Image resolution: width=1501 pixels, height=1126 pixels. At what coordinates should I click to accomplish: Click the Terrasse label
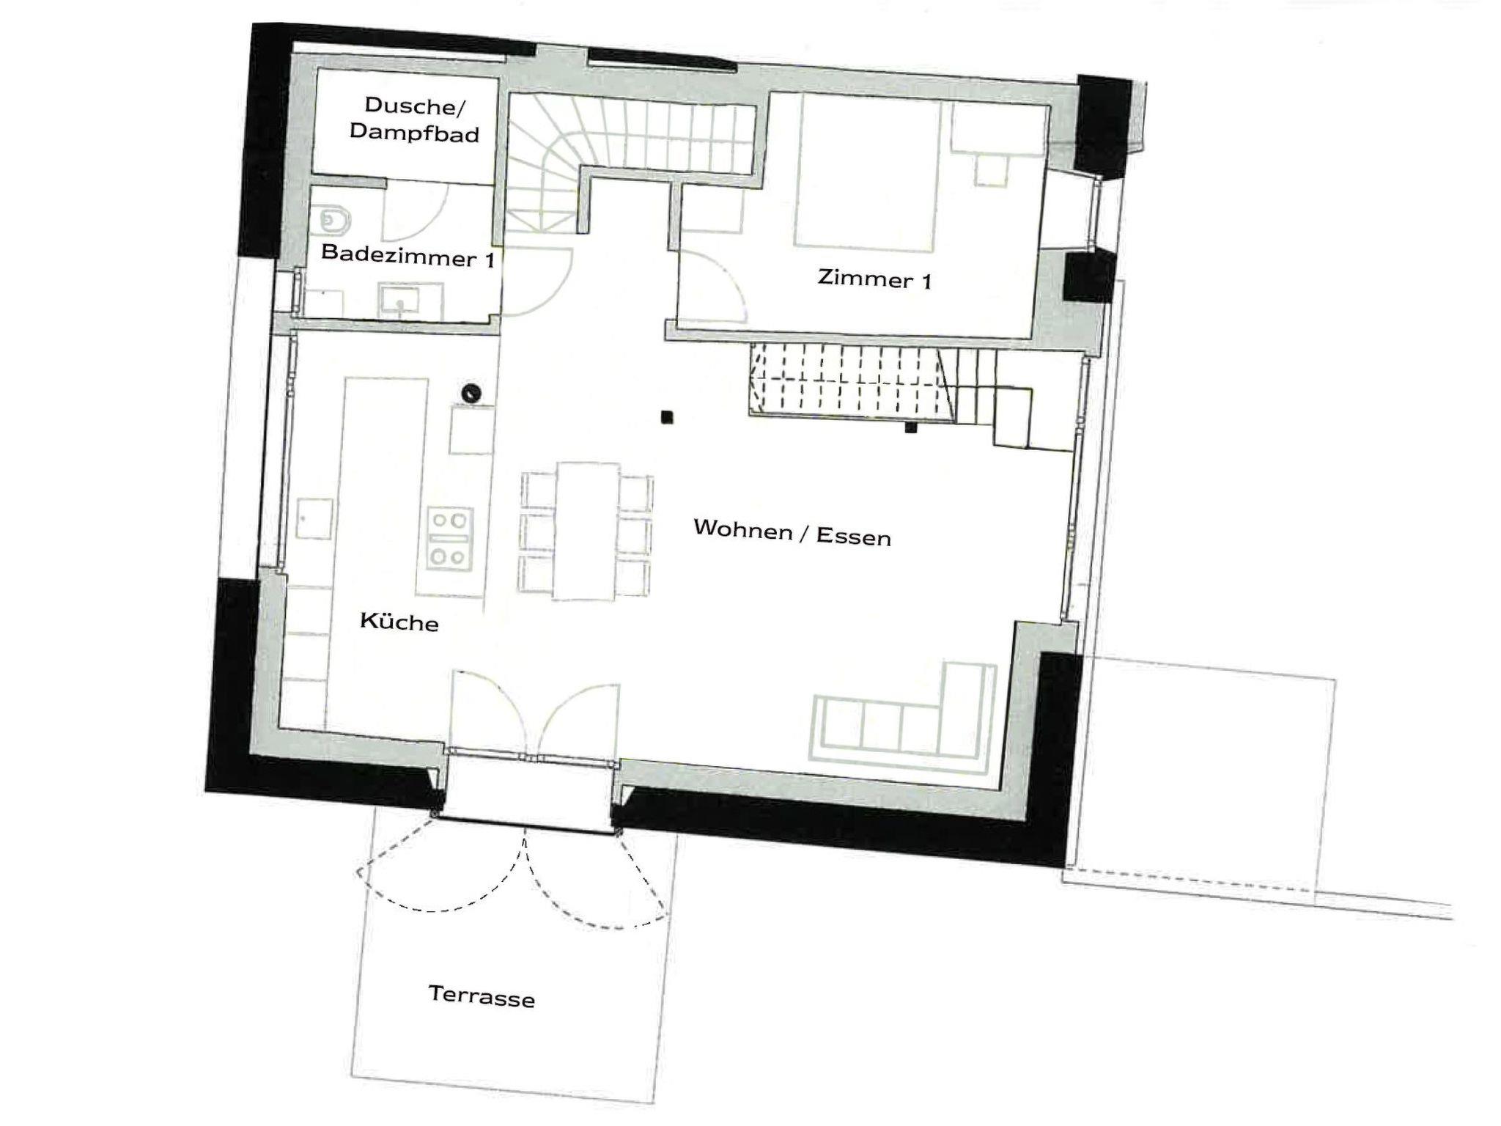pos(482,996)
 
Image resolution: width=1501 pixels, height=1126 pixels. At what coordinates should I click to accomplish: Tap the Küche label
pos(399,622)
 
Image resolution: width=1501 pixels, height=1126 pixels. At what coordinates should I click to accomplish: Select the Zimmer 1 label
pos(874,279)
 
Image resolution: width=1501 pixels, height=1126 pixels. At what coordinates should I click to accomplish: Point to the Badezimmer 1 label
pos(407,257)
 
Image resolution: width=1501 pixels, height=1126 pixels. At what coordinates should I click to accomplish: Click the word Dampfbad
pos(414,133)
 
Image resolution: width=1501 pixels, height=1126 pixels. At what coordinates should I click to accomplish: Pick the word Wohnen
pos(743,529)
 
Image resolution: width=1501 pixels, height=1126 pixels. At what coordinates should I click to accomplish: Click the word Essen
pos(854,537)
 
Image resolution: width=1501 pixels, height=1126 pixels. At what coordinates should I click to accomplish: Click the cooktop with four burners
pos(450,539)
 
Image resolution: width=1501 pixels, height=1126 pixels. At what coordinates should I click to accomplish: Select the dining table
pos(587,531)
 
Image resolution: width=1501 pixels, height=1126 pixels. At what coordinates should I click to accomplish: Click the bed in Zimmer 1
pos(867,173)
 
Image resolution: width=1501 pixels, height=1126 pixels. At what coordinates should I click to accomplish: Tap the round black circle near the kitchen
pos(471,394)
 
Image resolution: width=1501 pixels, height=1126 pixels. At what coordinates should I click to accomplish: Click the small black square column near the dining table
pos(666,417)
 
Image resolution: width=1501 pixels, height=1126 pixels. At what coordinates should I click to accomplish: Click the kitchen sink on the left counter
pos(314,518)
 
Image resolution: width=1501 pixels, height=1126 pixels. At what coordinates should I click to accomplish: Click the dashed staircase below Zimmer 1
pos(852,383)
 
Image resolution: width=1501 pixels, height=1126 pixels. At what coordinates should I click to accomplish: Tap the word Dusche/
pos(414,106)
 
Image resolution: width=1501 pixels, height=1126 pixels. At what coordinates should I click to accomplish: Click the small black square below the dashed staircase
pos(911,427)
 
